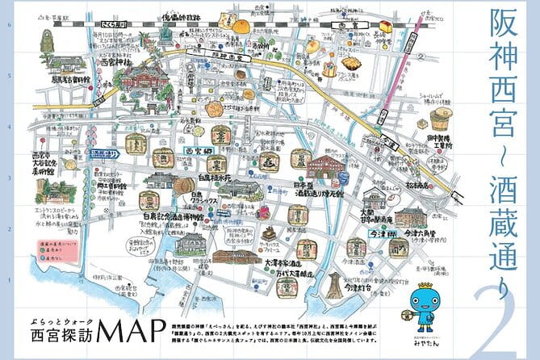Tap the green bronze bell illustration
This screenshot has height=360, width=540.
(39, 42)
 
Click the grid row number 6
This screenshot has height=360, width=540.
(8, 24)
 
